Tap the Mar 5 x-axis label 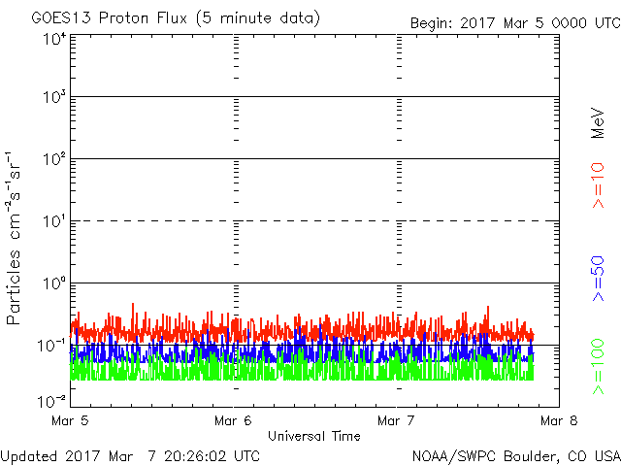[x=70, y=420]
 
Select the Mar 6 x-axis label [x=233, y=420]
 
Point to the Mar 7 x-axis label [x=396, y=420]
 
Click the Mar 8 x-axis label [x=559, y=420]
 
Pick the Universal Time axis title [x=314, y=436]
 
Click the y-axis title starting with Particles [x=13, y=238]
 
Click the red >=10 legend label [x=598, y=185]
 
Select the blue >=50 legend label [x=598, y=279]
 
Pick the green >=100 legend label [x=598, y=367]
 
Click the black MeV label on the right [x=598, y=123]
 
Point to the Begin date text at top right [x=515, y=23]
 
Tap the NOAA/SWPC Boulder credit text [x=516, y=456]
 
